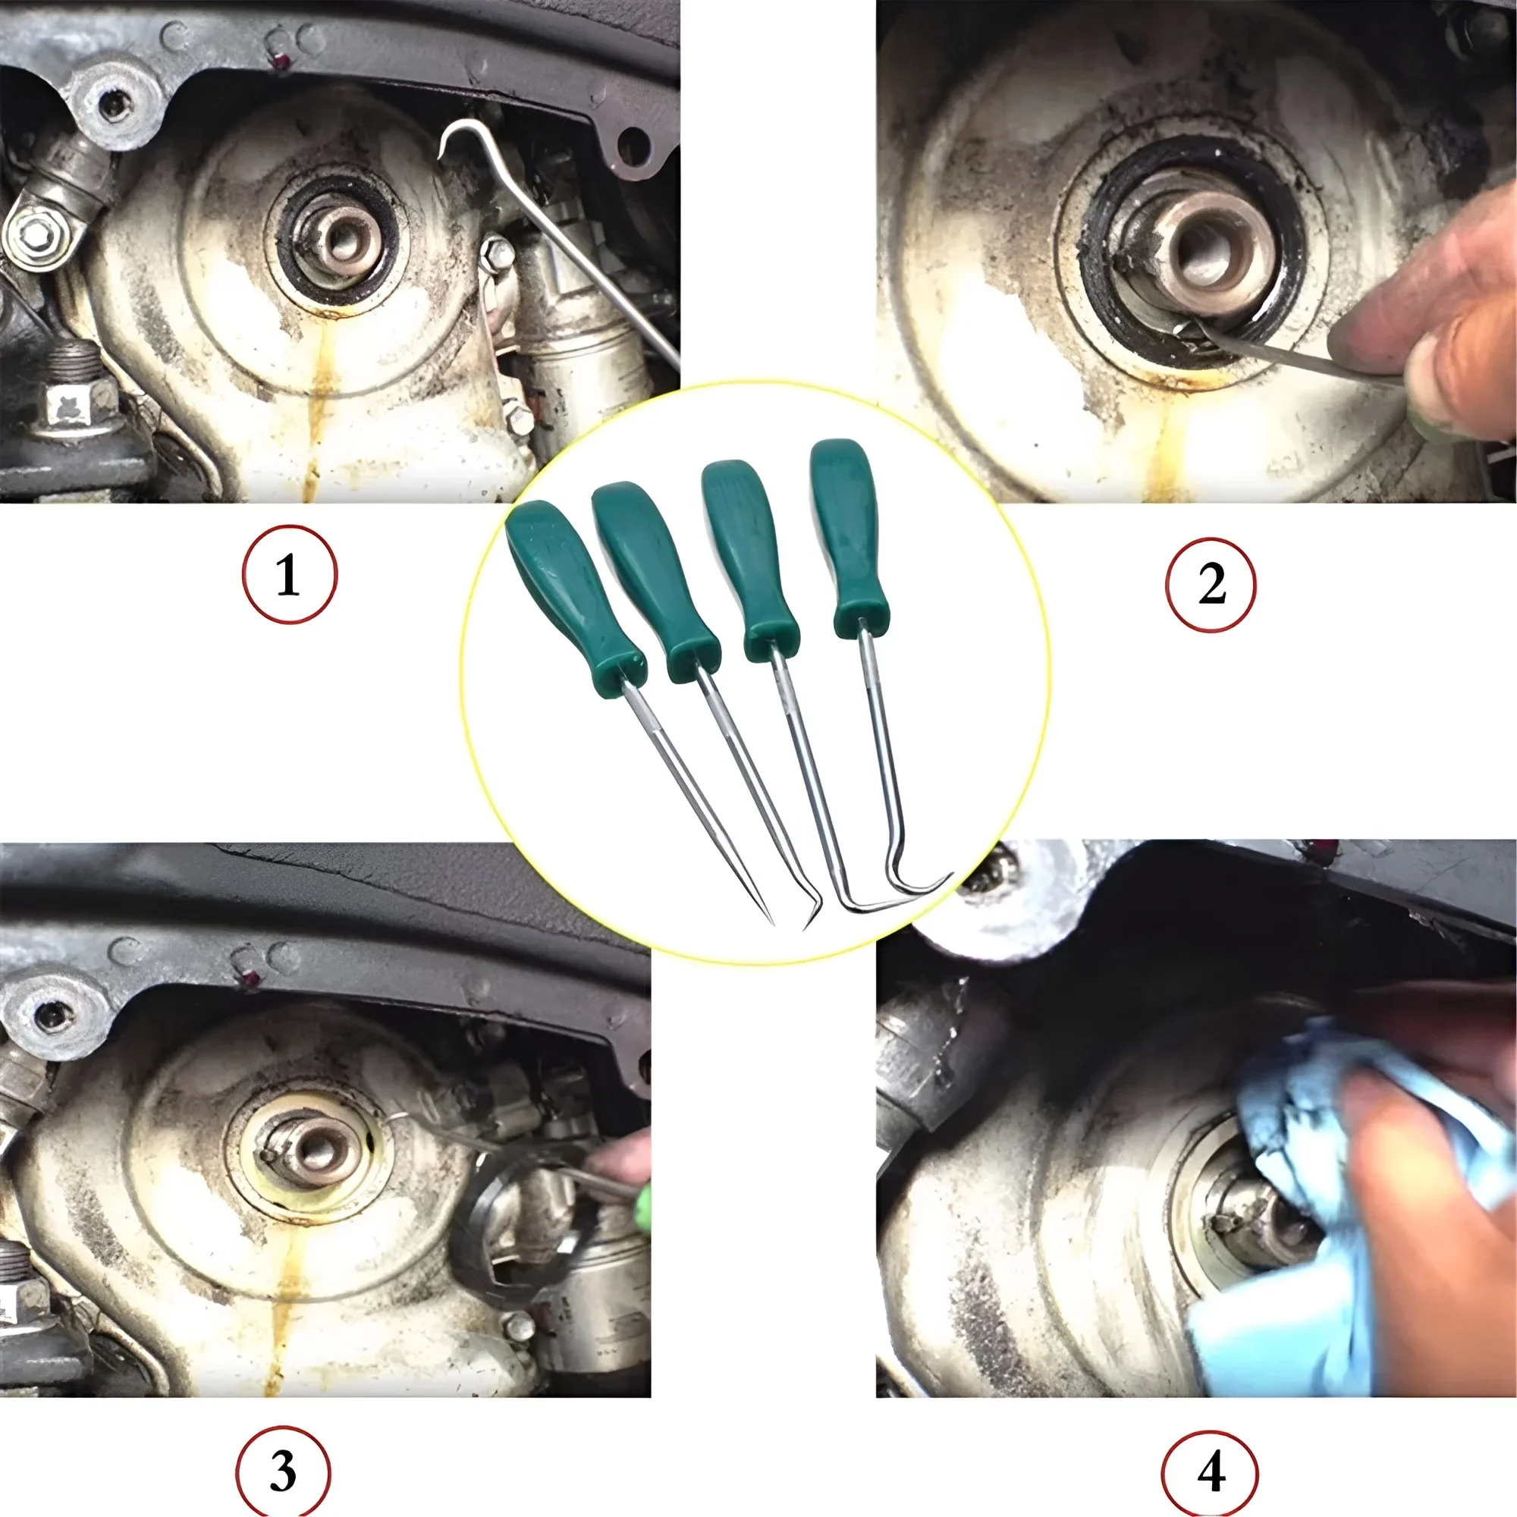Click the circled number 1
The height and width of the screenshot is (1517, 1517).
288,575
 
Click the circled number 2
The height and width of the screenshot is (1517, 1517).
1211,585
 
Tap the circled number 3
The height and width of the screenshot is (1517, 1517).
283,1471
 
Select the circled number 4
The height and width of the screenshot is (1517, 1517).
1210,1471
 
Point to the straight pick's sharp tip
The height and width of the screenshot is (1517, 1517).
771,922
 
